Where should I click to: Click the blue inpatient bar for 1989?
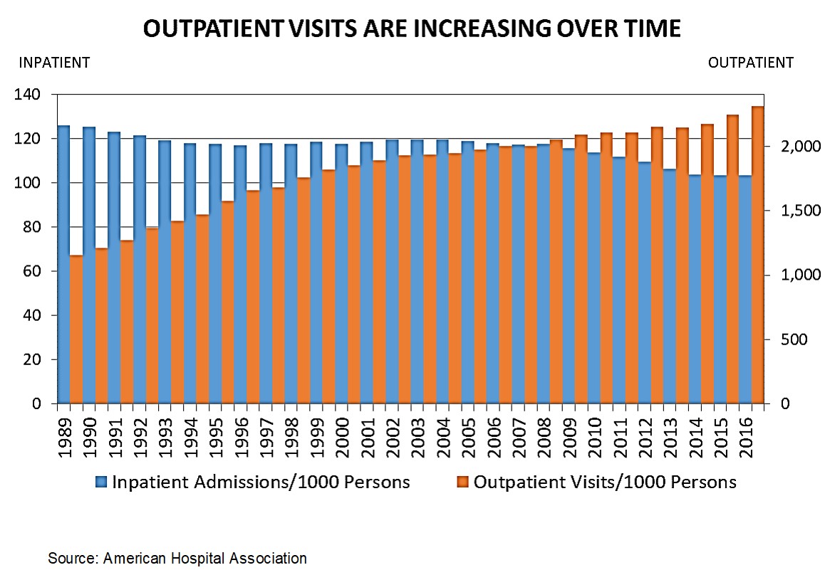coord(63,263)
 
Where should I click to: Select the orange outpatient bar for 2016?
coord(757,256)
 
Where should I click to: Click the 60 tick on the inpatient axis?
coord(32,271)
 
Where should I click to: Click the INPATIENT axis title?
coord(54,63)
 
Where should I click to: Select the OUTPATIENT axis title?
coord(750,63)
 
